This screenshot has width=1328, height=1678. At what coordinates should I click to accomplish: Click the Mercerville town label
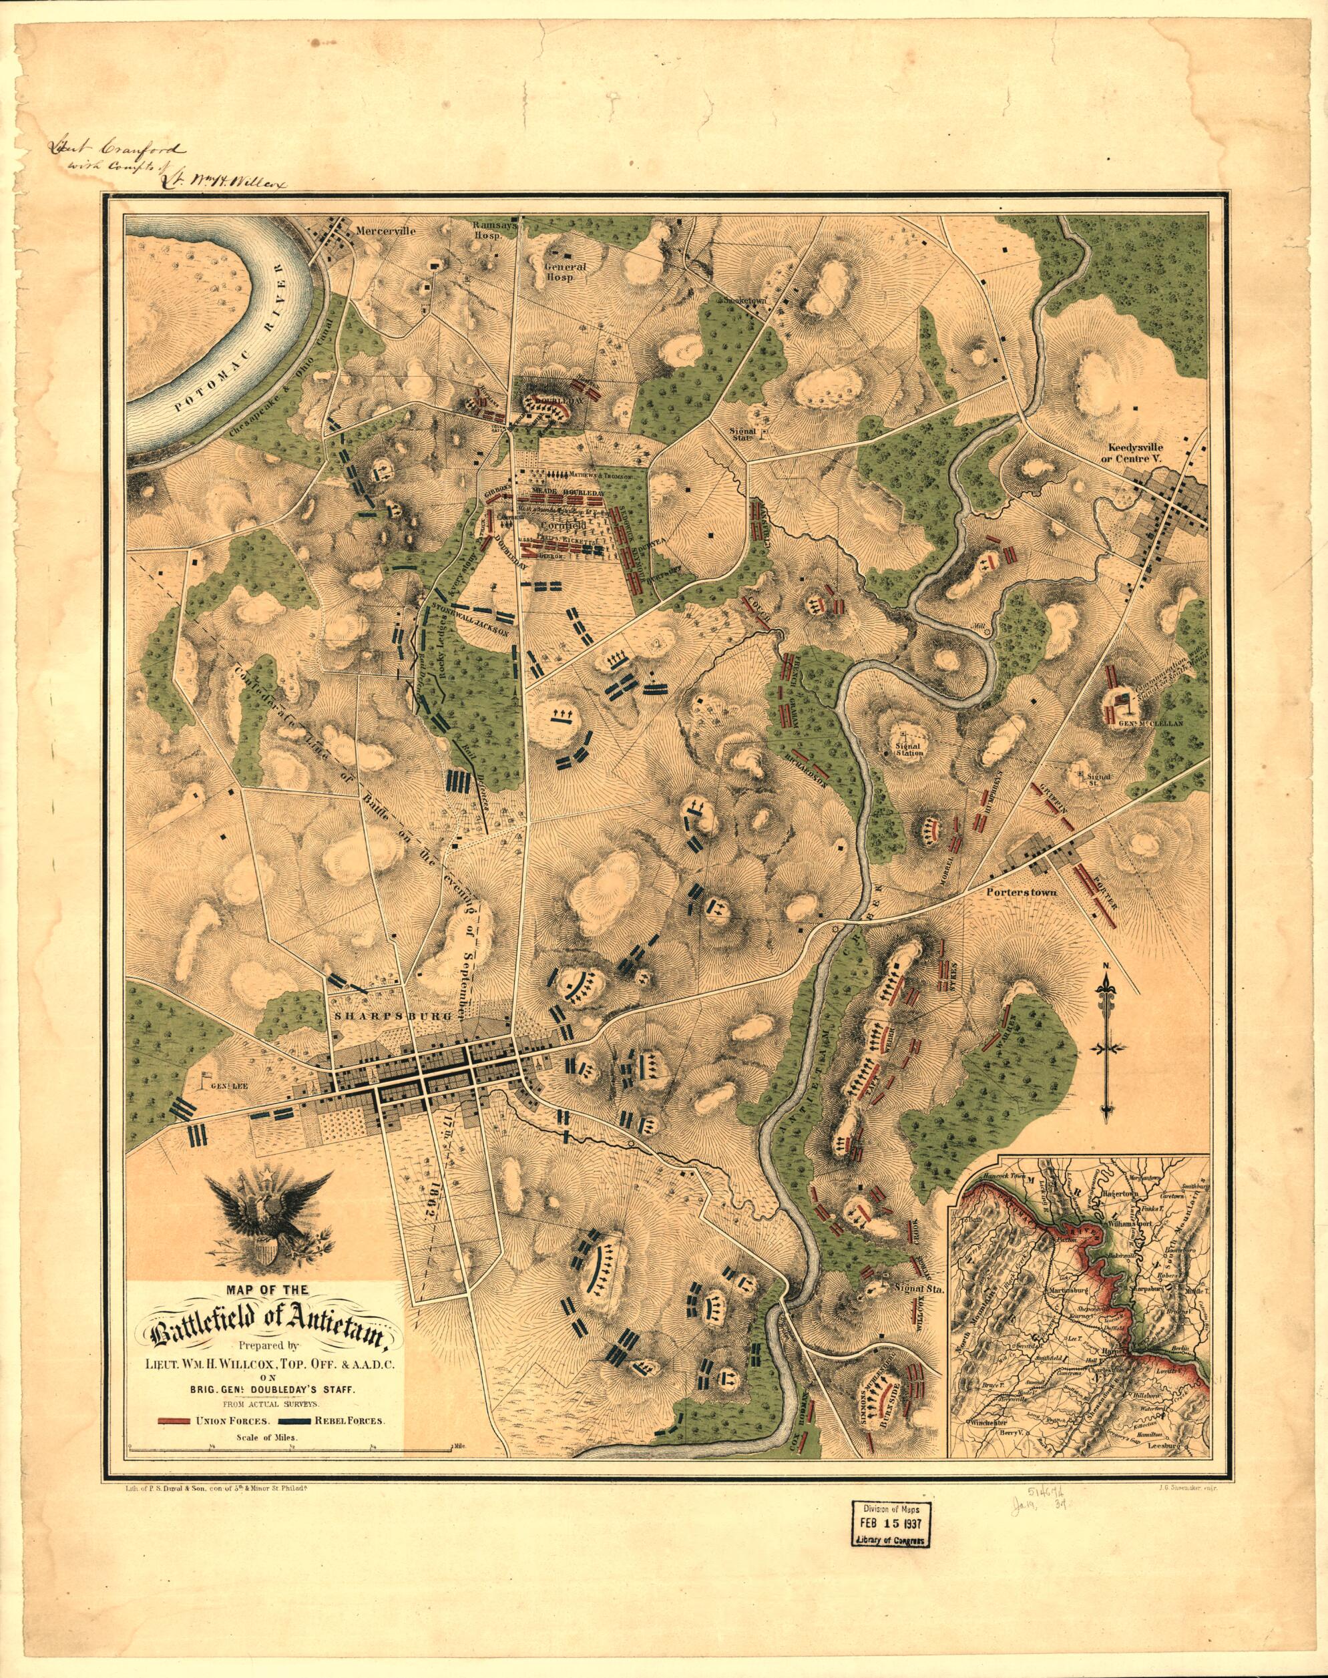click(x=387, y=231)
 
